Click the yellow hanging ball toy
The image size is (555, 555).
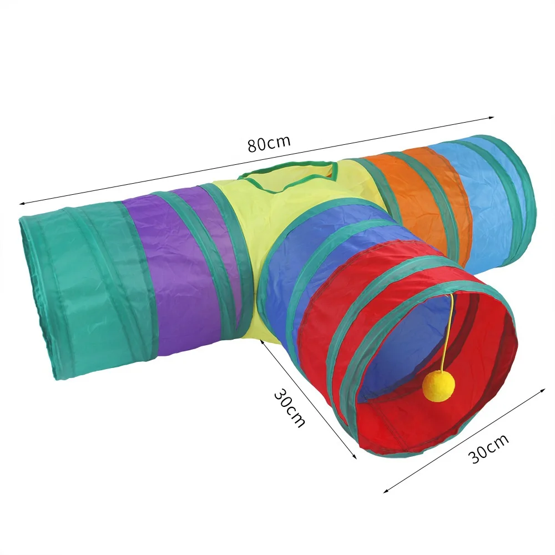pyautogui.click(x=435, y=387)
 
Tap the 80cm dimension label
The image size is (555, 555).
pyautogui.click(x=269, y=143)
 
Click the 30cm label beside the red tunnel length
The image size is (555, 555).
pyautogui.click(x=289, y=408)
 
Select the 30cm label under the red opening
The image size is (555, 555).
pyautogui.click(x=490, y=448)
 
